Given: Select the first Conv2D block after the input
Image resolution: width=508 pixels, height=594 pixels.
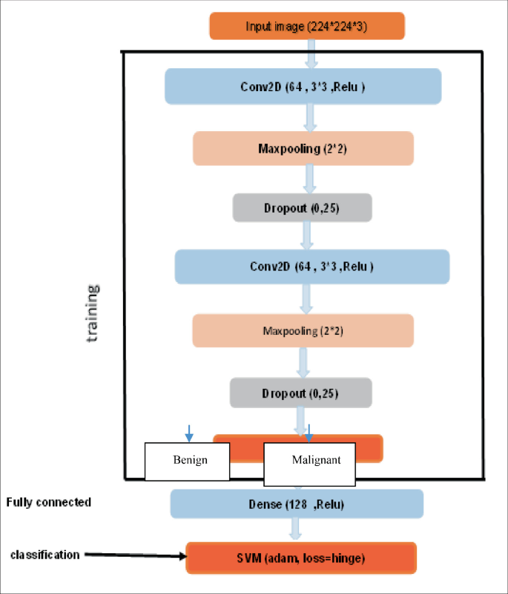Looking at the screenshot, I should coord(303,87).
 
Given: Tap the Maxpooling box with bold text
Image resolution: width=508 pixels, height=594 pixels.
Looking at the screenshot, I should coord(303,148).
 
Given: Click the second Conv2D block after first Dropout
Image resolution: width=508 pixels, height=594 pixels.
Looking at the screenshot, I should coord(311,267).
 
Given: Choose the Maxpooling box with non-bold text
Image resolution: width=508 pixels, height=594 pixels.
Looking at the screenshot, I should coord(303,330).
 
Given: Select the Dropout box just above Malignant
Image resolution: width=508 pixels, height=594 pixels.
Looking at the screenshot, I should coord(300,393).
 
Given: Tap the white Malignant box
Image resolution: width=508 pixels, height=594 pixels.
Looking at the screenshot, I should coord(310,460).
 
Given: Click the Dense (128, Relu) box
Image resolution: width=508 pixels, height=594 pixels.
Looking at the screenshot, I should coord(297,504).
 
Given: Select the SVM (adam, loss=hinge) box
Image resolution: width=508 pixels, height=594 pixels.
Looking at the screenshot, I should coord(301,557).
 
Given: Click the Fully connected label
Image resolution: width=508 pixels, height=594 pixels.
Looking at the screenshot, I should coord(49,502).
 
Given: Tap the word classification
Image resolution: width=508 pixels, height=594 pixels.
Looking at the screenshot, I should coord(44,554).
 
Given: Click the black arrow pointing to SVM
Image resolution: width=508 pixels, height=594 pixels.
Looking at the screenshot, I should coord(133,556).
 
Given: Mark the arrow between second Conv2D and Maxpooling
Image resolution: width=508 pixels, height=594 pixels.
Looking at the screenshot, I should coord(305,298).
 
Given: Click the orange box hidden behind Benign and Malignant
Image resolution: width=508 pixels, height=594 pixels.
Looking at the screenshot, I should coord(369,449).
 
